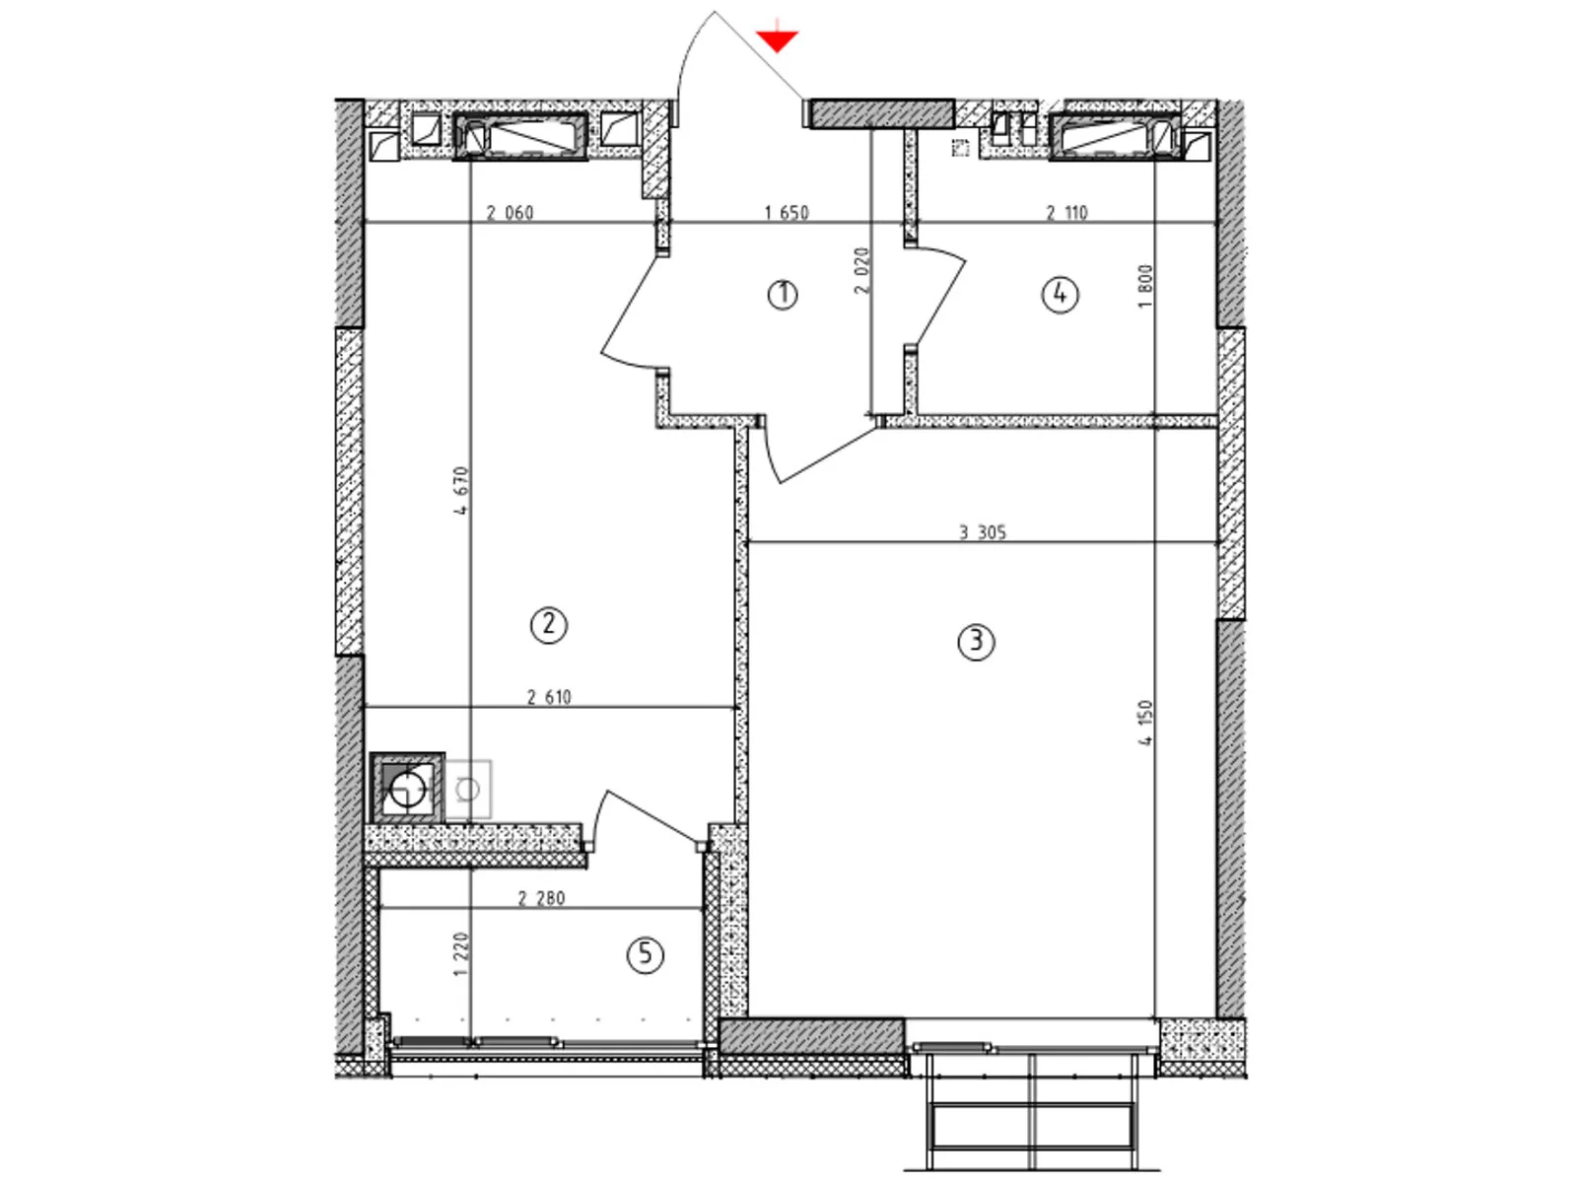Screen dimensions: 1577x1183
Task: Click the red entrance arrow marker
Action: (x=777, y=39)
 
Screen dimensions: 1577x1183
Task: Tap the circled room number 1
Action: (x=783, y=295)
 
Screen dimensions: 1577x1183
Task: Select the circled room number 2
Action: (x=549, y=625)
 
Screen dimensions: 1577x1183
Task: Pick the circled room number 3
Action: (x=977, y=642)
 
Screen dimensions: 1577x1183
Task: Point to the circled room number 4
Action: (x=1061, y=295)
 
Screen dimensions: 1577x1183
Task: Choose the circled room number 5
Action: (x=646, y=954)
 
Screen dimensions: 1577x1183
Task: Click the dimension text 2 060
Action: (x=511, y=213)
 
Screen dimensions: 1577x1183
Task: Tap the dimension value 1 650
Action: (x=787, y=213)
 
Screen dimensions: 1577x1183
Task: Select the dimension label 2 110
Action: (x=1066, y=213)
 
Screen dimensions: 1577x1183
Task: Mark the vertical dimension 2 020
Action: (x=862, y=271)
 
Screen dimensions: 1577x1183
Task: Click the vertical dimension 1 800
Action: (x=1145, y=287)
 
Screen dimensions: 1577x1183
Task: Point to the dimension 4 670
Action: (x=461, y=491)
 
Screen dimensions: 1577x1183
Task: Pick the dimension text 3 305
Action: (x=983, y=532)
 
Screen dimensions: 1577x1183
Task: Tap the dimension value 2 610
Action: (x=549, y=697)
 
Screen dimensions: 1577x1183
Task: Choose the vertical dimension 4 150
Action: (x=1145, y=723)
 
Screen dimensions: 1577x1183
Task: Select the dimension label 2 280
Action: (x=542, y=898)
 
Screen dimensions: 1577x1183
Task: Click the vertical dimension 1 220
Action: (x=461, y=954)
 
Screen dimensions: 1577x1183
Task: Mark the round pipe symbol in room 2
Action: (x=407, y=790)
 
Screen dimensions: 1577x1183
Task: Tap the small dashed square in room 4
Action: (x=960, y=148)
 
